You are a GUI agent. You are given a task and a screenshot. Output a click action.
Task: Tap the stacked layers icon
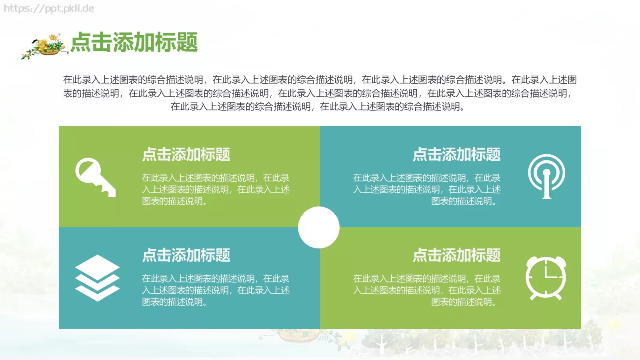click(97, 278)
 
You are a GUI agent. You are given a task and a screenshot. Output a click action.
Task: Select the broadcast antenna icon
click(546, 176)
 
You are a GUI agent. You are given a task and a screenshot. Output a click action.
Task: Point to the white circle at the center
click(319, 227)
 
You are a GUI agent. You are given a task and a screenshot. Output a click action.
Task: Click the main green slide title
click(134, 42)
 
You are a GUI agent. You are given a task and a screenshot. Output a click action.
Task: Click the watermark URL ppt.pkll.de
click(49, 8)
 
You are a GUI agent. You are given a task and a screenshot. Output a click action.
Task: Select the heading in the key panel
click(186, 154)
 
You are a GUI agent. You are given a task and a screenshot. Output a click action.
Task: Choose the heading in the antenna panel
click(456, 154)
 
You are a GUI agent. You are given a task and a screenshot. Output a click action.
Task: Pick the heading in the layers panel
click(186, 255)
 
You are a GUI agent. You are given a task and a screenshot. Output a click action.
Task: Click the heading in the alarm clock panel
click(456, 255)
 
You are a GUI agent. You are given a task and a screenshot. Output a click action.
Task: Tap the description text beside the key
click(216, 189)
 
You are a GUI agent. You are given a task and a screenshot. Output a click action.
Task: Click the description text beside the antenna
click(427, 189)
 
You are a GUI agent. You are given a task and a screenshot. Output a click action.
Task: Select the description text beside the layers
click(216, 290)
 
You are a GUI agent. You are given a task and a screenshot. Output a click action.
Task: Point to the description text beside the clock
click(427, 290)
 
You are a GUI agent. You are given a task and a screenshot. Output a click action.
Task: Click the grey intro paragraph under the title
click(320, 93)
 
